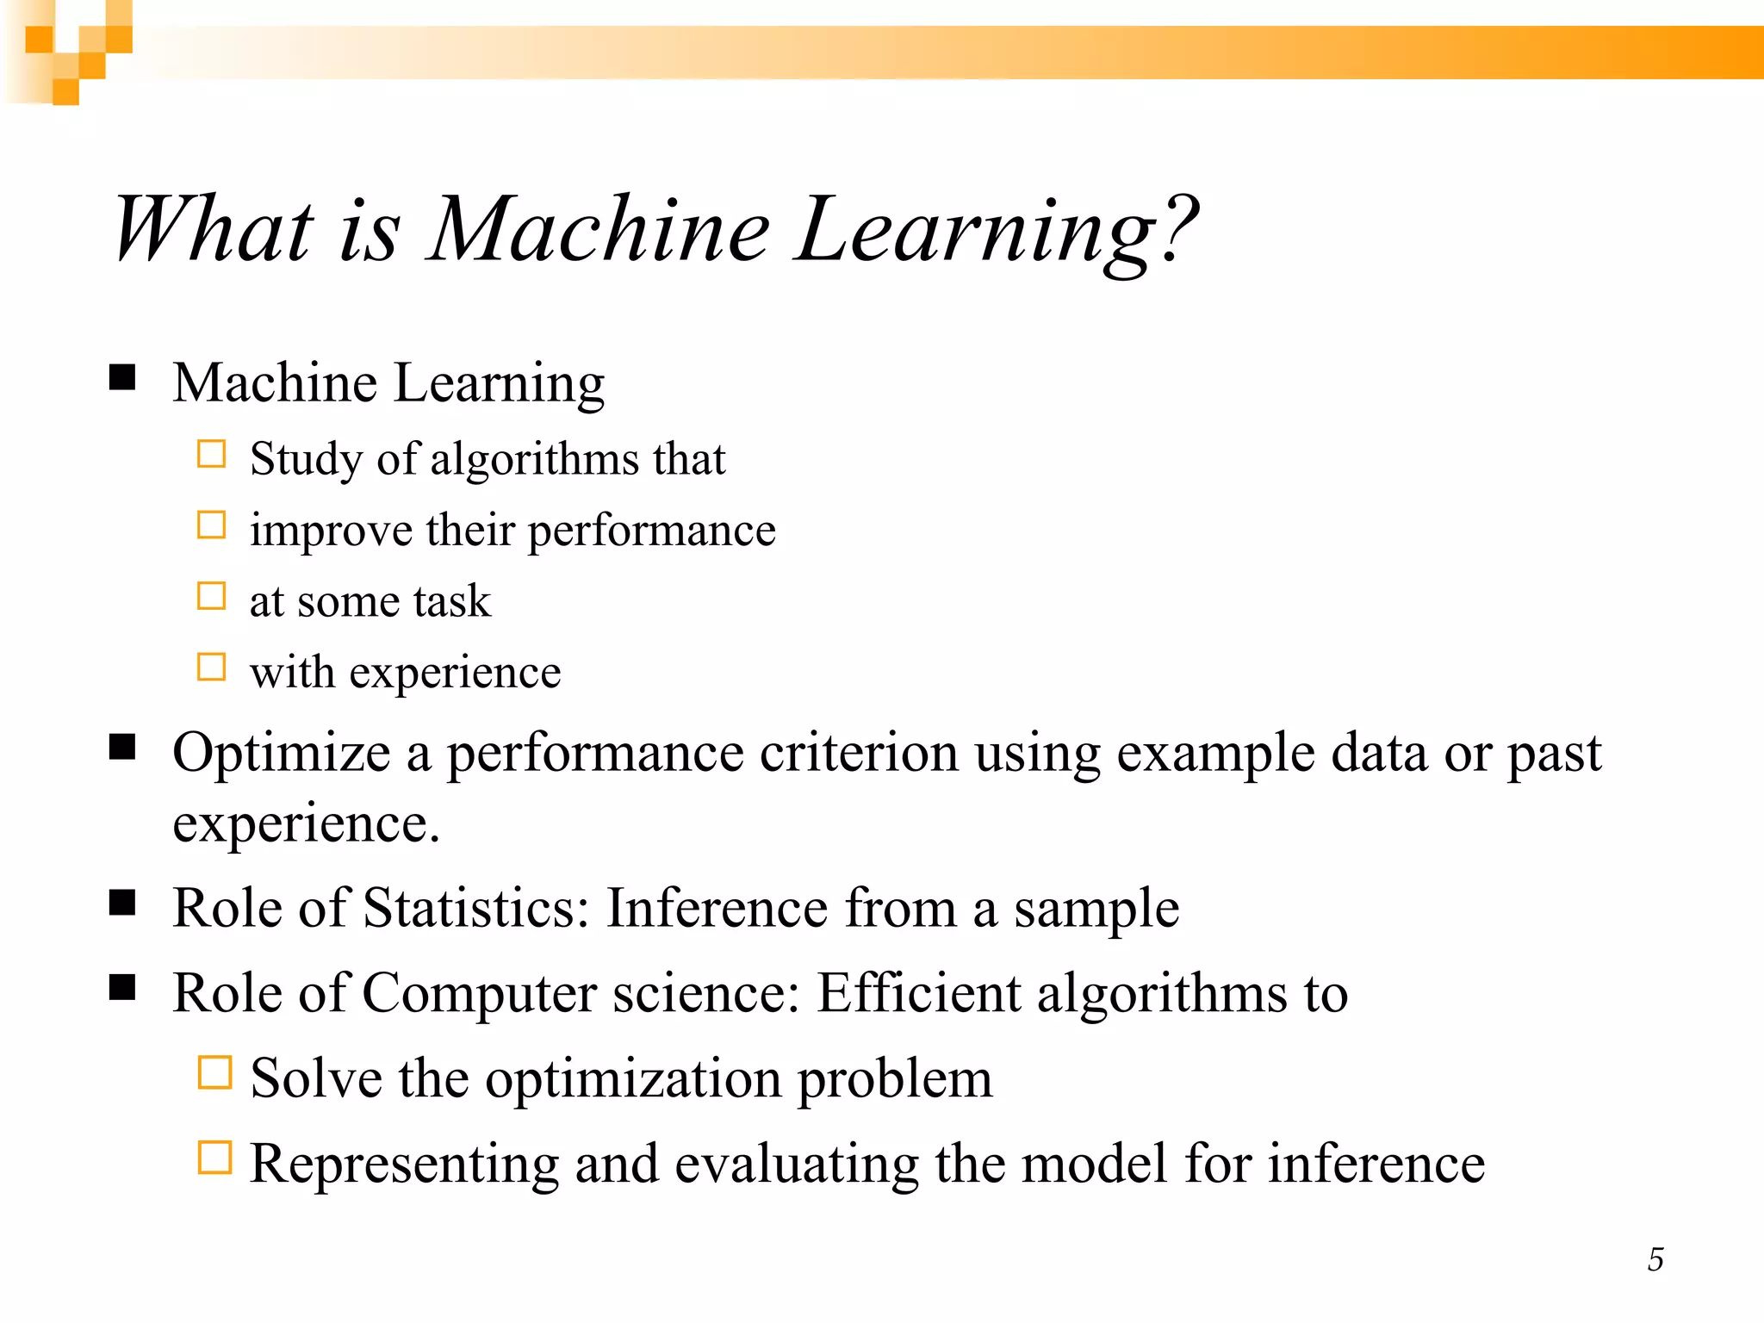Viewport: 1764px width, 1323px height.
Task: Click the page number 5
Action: click(1655, 1259)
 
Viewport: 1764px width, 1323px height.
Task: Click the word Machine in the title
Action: click(599, 229)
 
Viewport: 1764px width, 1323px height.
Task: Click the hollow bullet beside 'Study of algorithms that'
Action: click(211, 454)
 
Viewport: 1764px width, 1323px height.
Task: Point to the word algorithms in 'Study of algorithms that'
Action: click(533, 459)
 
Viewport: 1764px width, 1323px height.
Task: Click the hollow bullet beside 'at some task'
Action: click(211, 596)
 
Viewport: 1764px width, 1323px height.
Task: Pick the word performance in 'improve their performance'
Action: click(651, 531)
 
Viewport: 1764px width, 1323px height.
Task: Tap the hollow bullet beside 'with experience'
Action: click(211, 667)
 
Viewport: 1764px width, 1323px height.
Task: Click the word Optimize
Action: click(281, 753)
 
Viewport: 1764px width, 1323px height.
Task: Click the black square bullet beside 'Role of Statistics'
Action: click(123, 902)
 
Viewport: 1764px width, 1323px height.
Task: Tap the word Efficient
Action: click(918, 993)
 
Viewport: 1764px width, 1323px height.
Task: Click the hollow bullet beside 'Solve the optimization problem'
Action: click(214, 1073)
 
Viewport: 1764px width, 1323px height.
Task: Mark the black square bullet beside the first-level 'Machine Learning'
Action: click(123, 377)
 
